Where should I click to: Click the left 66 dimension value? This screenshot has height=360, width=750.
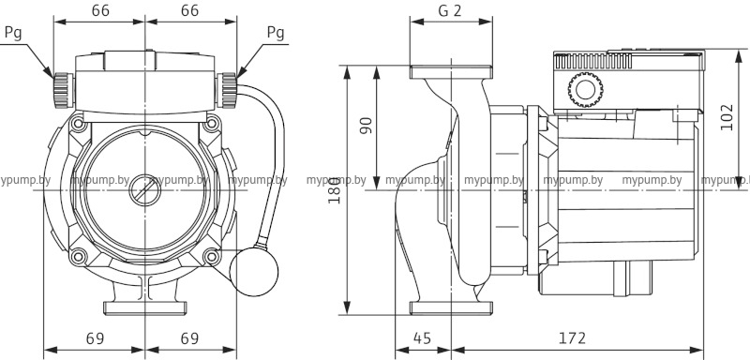100,10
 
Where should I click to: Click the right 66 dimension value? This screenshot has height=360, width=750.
190,10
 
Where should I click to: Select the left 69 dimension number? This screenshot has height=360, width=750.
96,338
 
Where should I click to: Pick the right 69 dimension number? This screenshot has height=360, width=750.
189,338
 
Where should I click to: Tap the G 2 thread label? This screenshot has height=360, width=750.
450,10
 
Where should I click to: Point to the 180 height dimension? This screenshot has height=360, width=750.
335,190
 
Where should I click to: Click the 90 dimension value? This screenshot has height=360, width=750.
366,126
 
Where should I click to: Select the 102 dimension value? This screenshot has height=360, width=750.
727,116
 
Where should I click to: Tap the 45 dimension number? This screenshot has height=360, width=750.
422,338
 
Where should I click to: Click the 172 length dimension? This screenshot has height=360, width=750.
572,338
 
